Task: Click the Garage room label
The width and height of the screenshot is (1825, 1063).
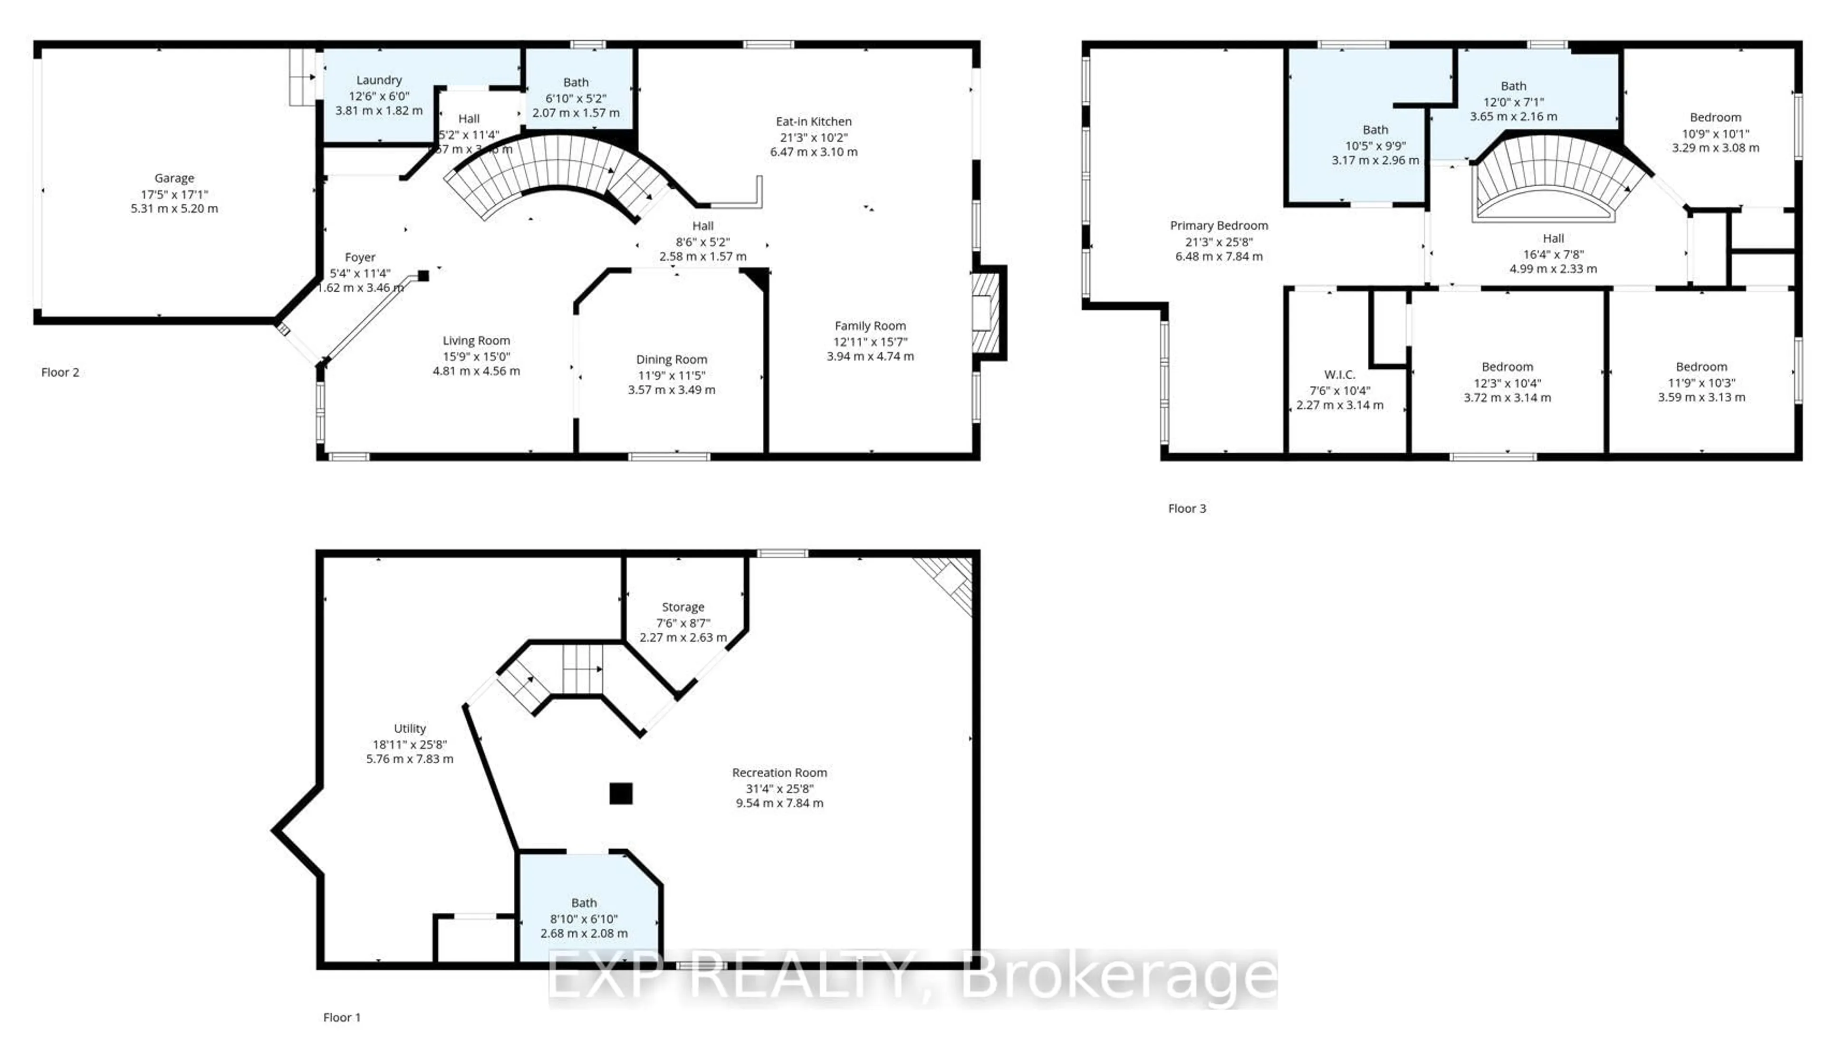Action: (174, 178)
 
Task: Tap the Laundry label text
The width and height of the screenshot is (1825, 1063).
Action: (379, 80)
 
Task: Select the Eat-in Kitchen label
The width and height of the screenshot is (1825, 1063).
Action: (813, 122)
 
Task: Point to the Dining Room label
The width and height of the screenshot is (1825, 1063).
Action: (672, 360)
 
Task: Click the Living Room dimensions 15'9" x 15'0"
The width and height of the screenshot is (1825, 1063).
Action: (476, 356)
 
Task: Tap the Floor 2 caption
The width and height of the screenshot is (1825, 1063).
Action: (60, 372)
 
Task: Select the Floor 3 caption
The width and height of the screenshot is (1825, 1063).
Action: (1187, 508)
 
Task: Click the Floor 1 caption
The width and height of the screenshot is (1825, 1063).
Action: (342, 1017)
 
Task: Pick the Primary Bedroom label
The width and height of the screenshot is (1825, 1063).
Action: (1219, 226)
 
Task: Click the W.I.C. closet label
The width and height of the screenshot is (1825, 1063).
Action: (1339, 374)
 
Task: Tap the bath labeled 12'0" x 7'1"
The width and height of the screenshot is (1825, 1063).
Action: (1513, 86)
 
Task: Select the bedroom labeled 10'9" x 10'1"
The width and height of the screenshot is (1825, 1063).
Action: (1715, 117)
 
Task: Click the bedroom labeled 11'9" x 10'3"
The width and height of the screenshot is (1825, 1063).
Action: (1701, 367)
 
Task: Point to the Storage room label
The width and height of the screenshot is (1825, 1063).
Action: (682, 607)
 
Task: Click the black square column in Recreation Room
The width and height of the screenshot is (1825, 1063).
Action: (621, 794)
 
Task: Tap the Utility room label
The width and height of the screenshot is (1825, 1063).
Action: (409, 728)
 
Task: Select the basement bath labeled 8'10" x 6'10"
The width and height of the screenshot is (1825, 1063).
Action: (584, 903)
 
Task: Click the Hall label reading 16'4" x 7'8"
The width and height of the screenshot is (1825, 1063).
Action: (1553, 238)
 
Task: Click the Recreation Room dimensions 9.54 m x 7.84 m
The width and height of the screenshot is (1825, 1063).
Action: (779, 803)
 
